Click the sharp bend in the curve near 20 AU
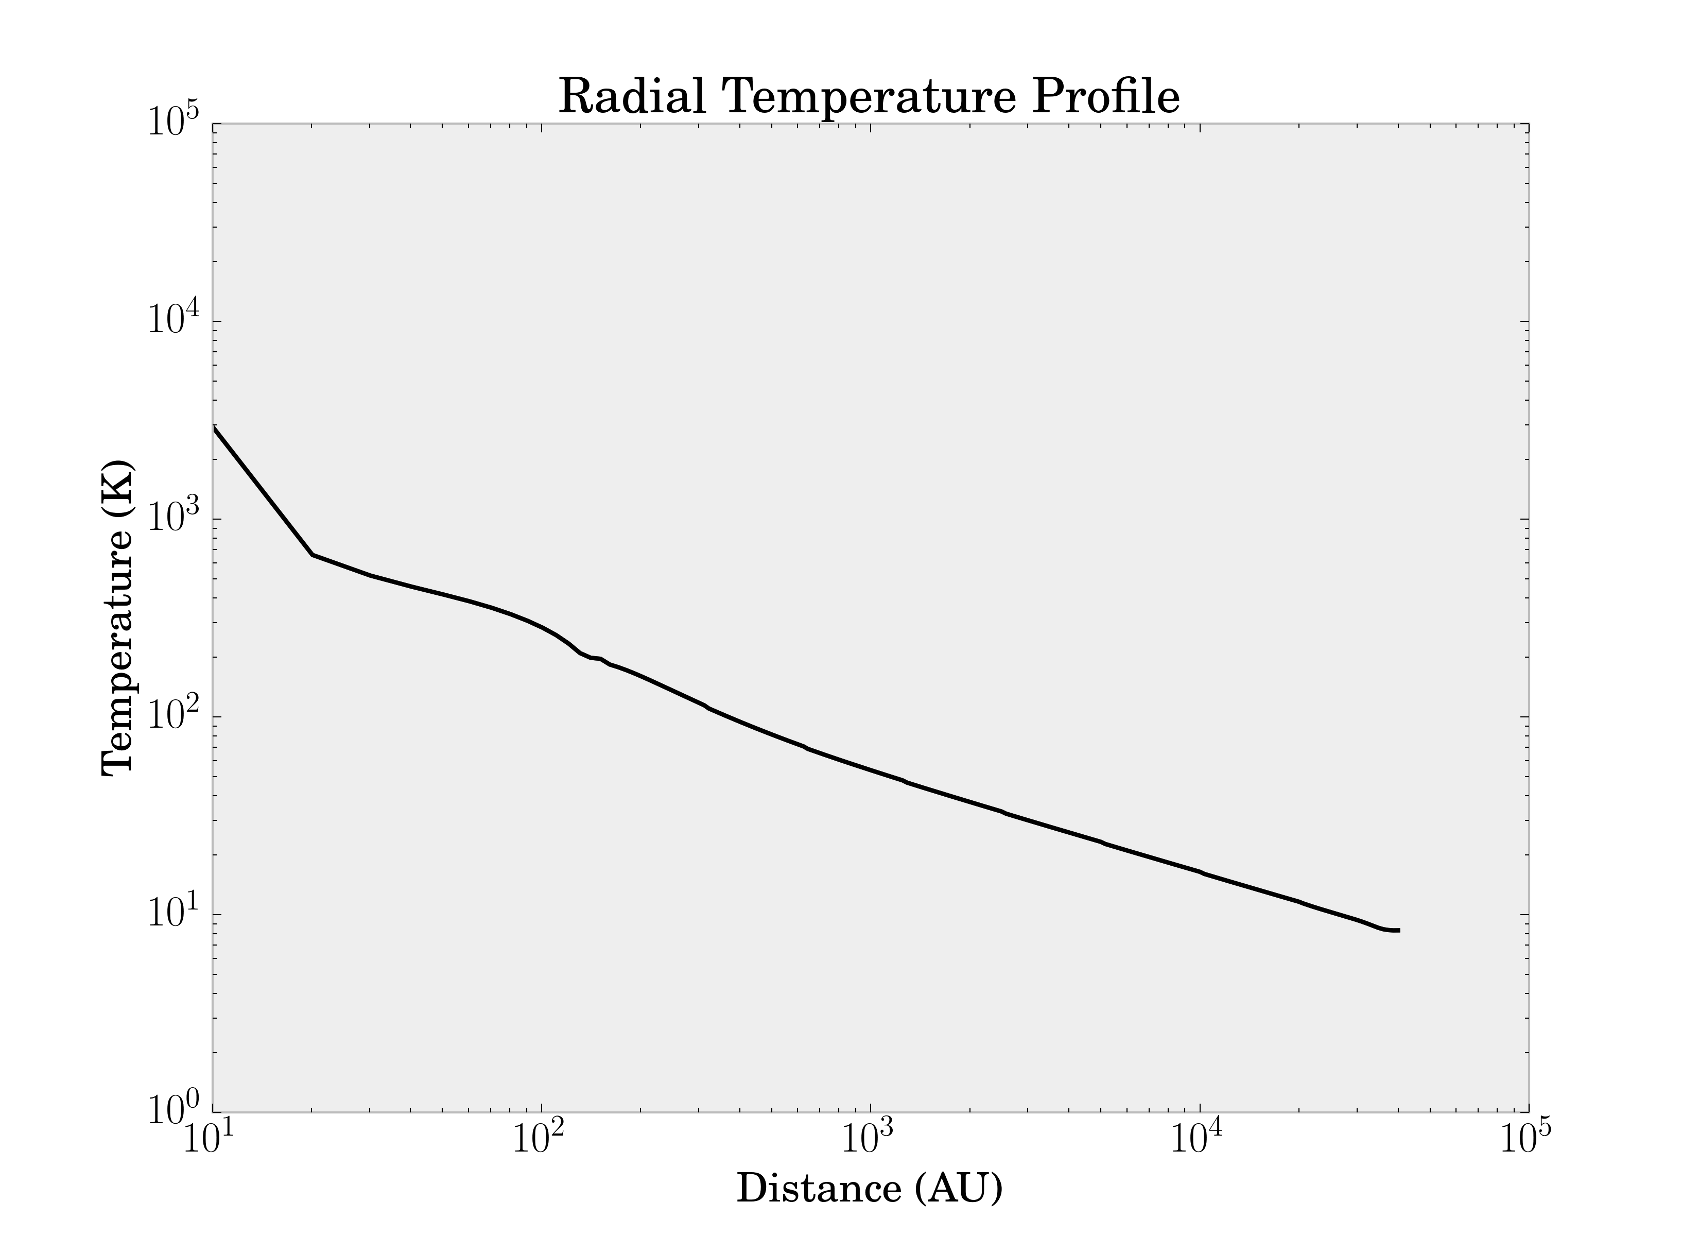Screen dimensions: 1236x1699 pyautogui.click(x=313, y=555)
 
